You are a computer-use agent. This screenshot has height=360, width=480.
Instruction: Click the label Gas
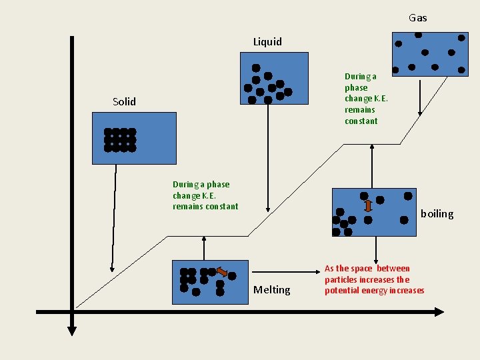418,18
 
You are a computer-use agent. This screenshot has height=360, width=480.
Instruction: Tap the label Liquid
267,42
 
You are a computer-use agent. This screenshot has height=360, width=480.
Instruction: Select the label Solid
124,102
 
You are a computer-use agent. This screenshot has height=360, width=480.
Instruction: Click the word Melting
272,290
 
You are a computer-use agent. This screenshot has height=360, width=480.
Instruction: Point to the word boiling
437,214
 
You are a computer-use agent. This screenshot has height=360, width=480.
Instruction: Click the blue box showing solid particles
134,138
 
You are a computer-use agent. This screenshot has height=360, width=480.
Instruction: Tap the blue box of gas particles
429,53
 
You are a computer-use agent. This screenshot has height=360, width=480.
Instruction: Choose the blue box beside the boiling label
374,212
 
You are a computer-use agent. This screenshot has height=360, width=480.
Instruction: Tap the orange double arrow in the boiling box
368,206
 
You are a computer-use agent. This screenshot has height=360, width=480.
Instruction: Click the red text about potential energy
374,279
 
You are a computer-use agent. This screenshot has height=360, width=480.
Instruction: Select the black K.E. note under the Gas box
361,99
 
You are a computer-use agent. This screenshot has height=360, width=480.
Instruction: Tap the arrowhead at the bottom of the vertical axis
72,329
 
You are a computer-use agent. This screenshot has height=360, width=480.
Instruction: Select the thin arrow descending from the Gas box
420,97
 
